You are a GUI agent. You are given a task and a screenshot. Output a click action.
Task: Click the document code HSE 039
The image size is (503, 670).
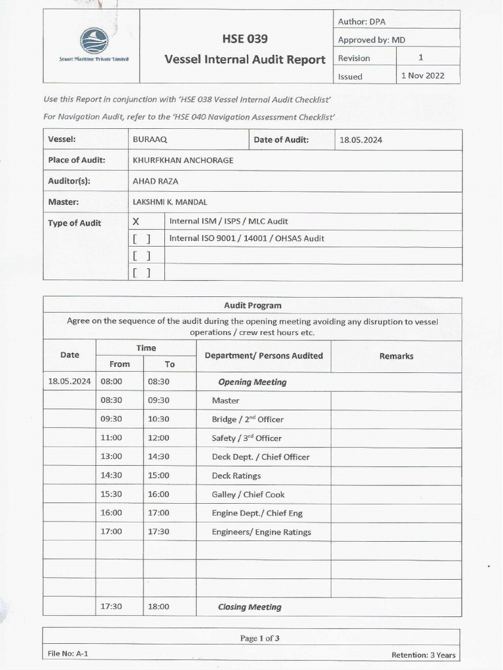click(246, 39)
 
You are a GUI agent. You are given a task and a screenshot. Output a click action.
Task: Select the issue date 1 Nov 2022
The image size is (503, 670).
click(422, 75)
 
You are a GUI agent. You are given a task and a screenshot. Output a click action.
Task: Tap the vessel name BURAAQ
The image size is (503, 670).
click(146, 139)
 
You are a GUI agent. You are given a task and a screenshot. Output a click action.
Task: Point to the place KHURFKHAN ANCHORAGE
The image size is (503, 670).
click(183, 160)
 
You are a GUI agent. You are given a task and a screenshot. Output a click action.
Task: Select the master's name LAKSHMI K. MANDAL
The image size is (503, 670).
click(170, 202)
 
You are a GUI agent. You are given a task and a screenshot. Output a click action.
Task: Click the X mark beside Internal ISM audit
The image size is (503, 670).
click(136, 222)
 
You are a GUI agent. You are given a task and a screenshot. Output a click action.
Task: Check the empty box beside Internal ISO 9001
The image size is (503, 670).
click(141, 239)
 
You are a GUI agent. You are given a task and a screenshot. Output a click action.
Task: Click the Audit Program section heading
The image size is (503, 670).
click(252, 306)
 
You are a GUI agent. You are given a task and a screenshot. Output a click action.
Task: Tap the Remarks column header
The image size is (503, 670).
click(396, 356)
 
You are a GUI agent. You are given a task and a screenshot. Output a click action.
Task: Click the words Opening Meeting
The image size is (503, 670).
click(252, 382)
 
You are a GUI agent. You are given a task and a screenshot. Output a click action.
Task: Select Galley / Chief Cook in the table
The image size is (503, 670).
click(248, 495)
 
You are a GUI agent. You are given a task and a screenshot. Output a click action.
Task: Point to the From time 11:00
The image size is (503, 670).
click(111, 438)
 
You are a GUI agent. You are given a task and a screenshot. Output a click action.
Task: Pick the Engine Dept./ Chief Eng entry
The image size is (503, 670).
click(257, 513)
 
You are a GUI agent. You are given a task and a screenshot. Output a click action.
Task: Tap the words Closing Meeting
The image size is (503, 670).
click(250, 607)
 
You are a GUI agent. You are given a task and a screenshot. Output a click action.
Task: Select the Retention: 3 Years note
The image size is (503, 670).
click(423, 655)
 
